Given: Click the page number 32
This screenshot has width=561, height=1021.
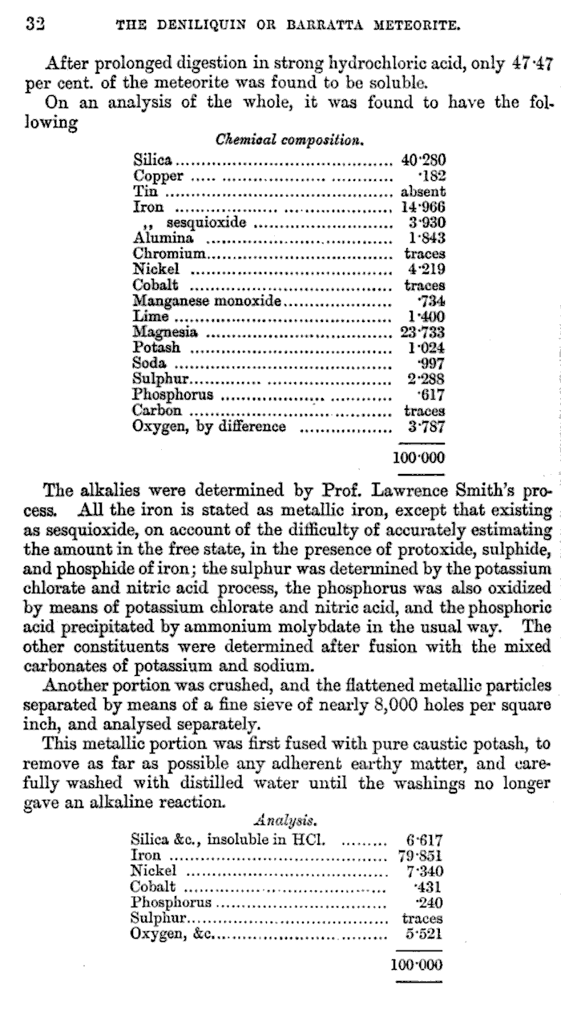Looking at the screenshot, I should click(34, 23).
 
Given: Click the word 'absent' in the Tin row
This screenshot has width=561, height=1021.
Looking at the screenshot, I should click(422, 191).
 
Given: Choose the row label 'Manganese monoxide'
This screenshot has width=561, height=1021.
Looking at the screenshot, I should click(207, 301).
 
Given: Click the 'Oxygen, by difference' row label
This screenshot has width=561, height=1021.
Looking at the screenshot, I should click(209, 426).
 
